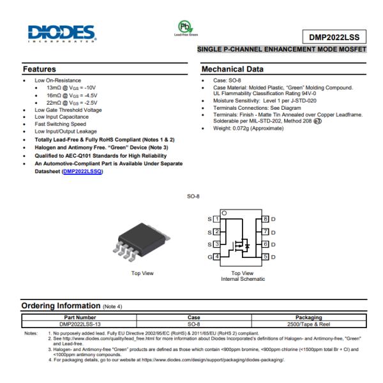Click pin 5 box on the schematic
click(266, 257)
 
